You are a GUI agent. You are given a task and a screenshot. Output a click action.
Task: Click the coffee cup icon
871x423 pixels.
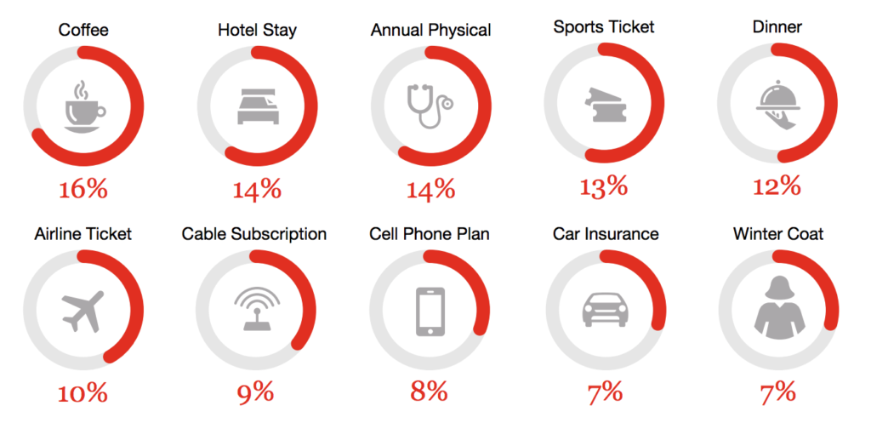click(x=83, y=107)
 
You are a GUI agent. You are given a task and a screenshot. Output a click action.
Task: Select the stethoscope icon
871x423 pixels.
click(x=430, y=106)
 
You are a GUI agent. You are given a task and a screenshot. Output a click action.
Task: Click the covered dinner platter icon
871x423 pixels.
click(x=777, y=105)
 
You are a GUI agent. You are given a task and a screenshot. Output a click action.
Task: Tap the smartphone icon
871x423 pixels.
click(x=430, y=311)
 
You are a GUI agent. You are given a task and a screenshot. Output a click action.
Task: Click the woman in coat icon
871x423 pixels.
click(x=777, y=311)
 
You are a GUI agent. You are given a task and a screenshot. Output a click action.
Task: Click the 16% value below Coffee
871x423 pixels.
click(x=83, y=188)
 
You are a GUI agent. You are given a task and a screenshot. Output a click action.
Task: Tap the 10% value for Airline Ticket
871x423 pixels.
click(x=83, y=393)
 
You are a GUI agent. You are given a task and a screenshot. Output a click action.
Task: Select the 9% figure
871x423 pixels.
click(x=257, y=392)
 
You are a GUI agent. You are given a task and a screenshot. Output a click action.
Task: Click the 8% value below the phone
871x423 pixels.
click(x=430, y=392)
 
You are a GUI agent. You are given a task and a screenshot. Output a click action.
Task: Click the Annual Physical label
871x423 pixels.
click(x=430, y=31)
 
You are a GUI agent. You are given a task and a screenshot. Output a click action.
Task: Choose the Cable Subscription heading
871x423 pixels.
click(x=254, y=234)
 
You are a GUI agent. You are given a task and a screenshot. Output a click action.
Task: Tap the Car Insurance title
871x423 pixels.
click(x=605, y=234)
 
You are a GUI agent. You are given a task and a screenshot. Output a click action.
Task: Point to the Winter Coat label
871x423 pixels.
click(x=777, y=234)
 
